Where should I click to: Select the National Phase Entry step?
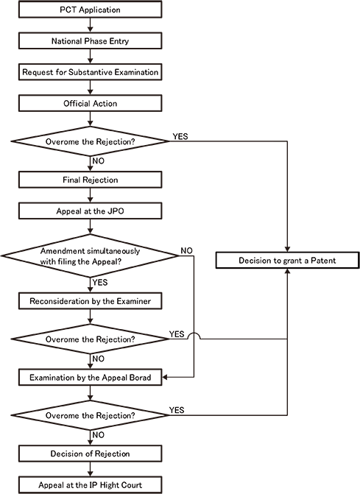89,41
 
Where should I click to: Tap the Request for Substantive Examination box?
89,71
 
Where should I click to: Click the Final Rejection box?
89,178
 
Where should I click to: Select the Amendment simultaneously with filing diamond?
89,255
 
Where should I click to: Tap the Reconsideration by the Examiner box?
89,302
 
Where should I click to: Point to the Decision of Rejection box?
89,453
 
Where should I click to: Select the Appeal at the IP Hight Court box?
89,484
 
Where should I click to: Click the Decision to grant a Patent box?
286,261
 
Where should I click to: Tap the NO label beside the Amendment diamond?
187,251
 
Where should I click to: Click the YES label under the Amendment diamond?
100,281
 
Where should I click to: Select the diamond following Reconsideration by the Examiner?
89,339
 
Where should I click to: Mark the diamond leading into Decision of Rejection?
89,415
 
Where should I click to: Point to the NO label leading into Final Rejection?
99,160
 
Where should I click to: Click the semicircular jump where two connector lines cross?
193,336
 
